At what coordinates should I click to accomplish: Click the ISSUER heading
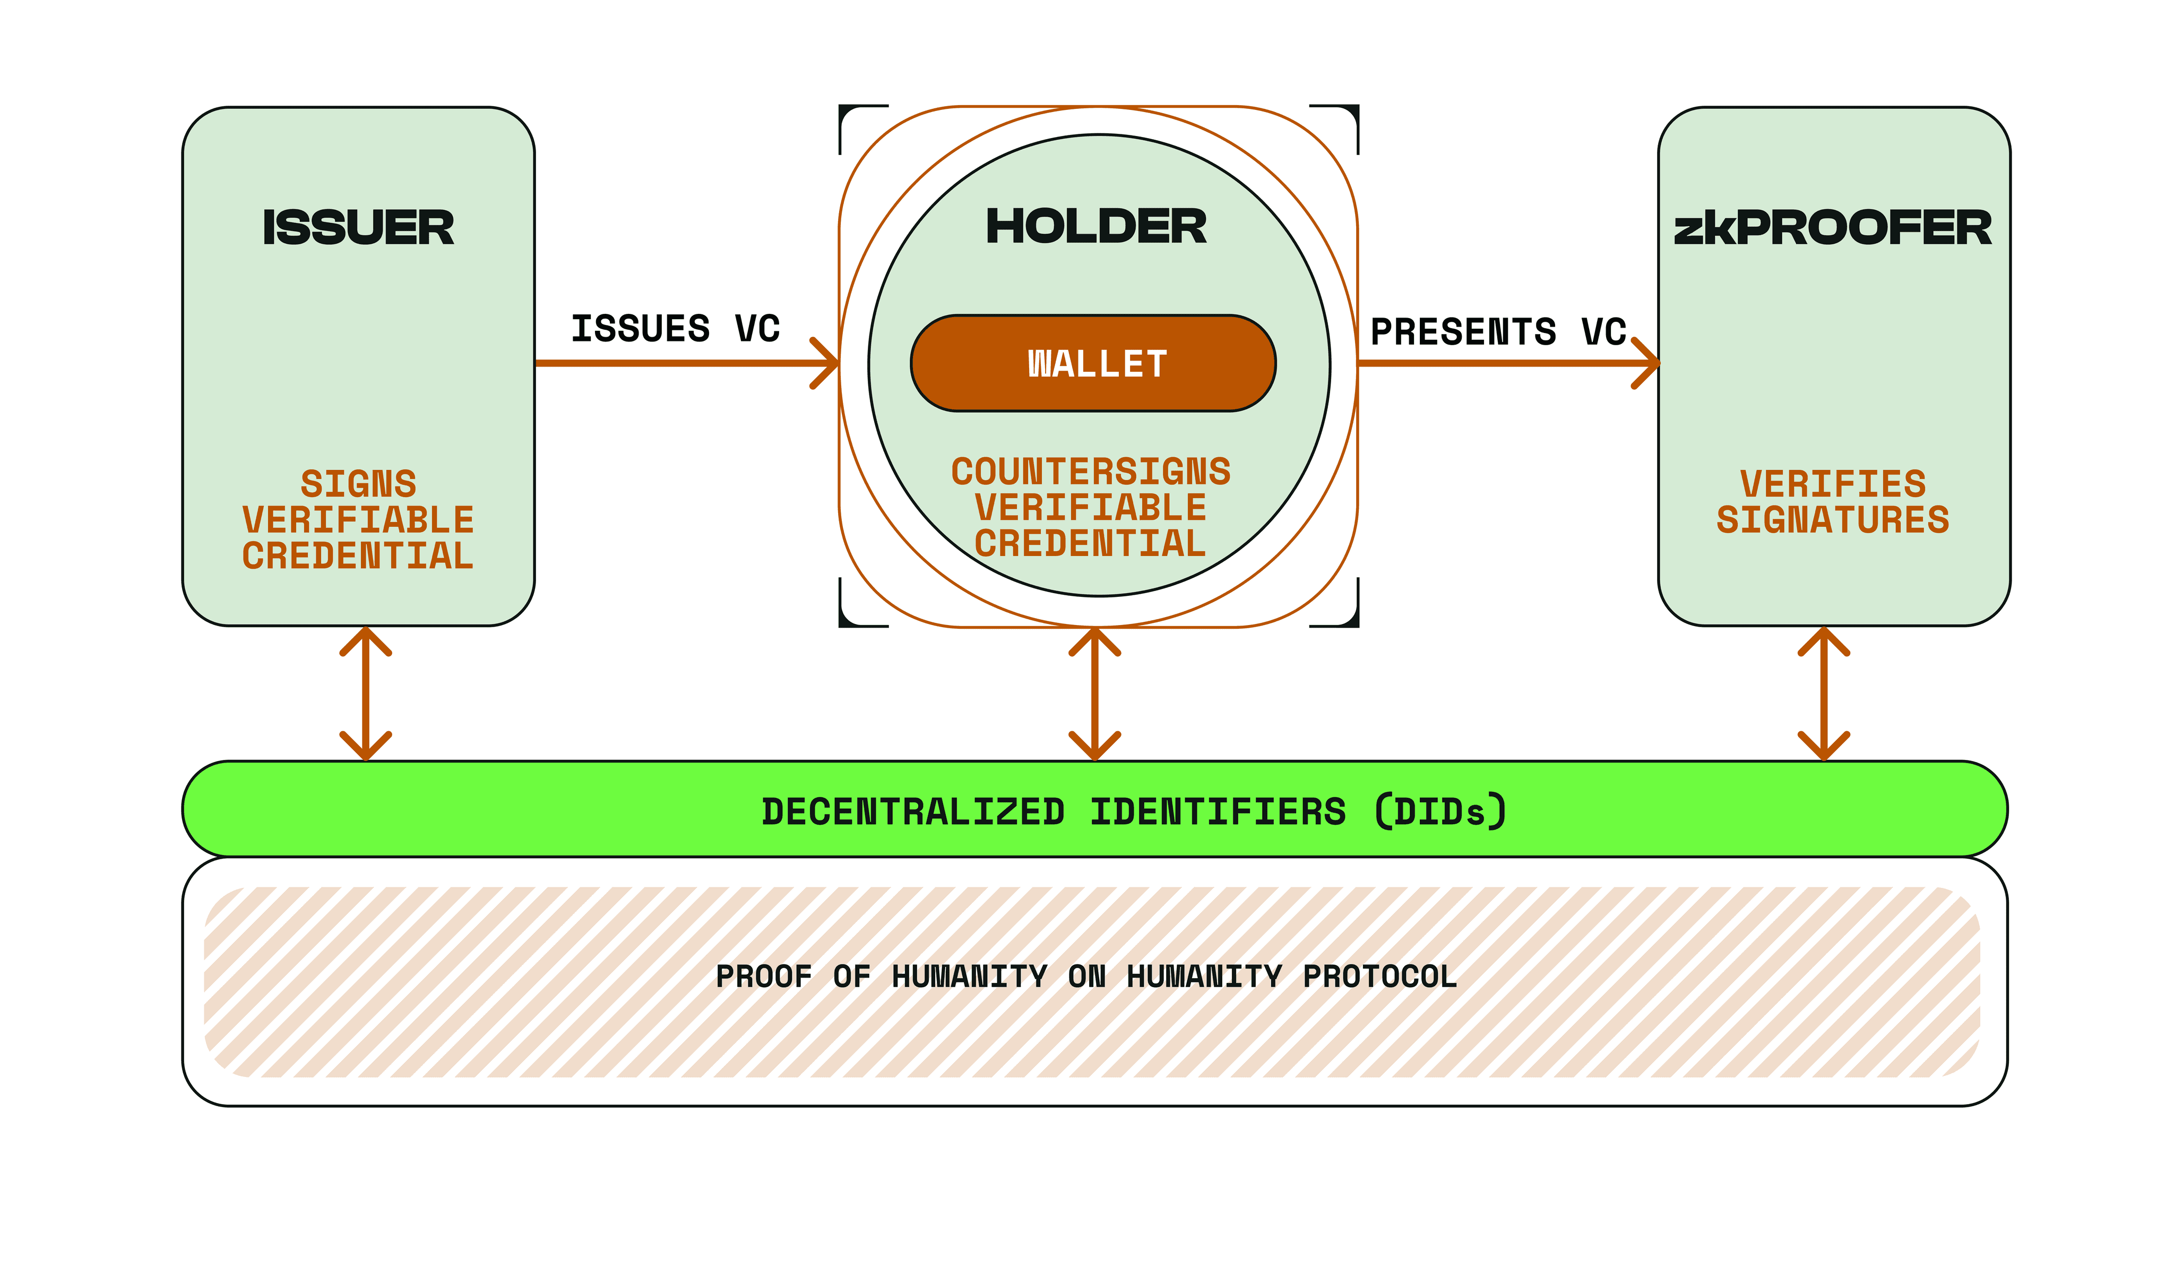tap(358, 228)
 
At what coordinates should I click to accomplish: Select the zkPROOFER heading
tap(1832, 228)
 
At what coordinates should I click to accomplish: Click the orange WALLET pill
tap(1093, 363)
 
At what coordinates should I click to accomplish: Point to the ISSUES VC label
tap(676, 329)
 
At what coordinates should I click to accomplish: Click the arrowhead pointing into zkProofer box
tap(1648, 363)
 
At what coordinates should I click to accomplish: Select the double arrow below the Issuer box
tap(366, 693)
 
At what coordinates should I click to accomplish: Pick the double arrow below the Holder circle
tap(1095, 693)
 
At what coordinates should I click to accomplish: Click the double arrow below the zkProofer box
tap(1824, 693)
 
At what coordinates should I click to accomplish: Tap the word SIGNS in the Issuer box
tap(358, 484)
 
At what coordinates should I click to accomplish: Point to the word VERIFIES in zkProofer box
tap(1832, 484)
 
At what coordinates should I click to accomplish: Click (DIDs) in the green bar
tap(1440, 811)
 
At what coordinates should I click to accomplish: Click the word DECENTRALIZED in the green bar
tap(913, 812)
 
